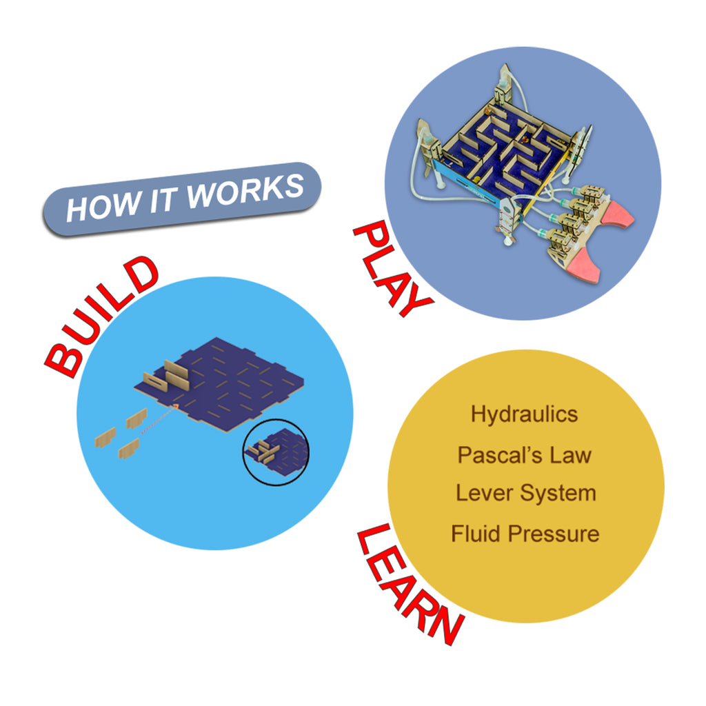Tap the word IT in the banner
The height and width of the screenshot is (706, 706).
163,200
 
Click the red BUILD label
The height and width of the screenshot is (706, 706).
101,317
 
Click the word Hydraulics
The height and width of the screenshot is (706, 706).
524,414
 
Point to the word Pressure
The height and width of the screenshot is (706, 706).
554,534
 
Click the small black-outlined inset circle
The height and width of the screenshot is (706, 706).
276,421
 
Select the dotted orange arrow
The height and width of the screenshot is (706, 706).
159,418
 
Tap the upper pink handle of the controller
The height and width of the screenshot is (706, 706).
619,214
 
